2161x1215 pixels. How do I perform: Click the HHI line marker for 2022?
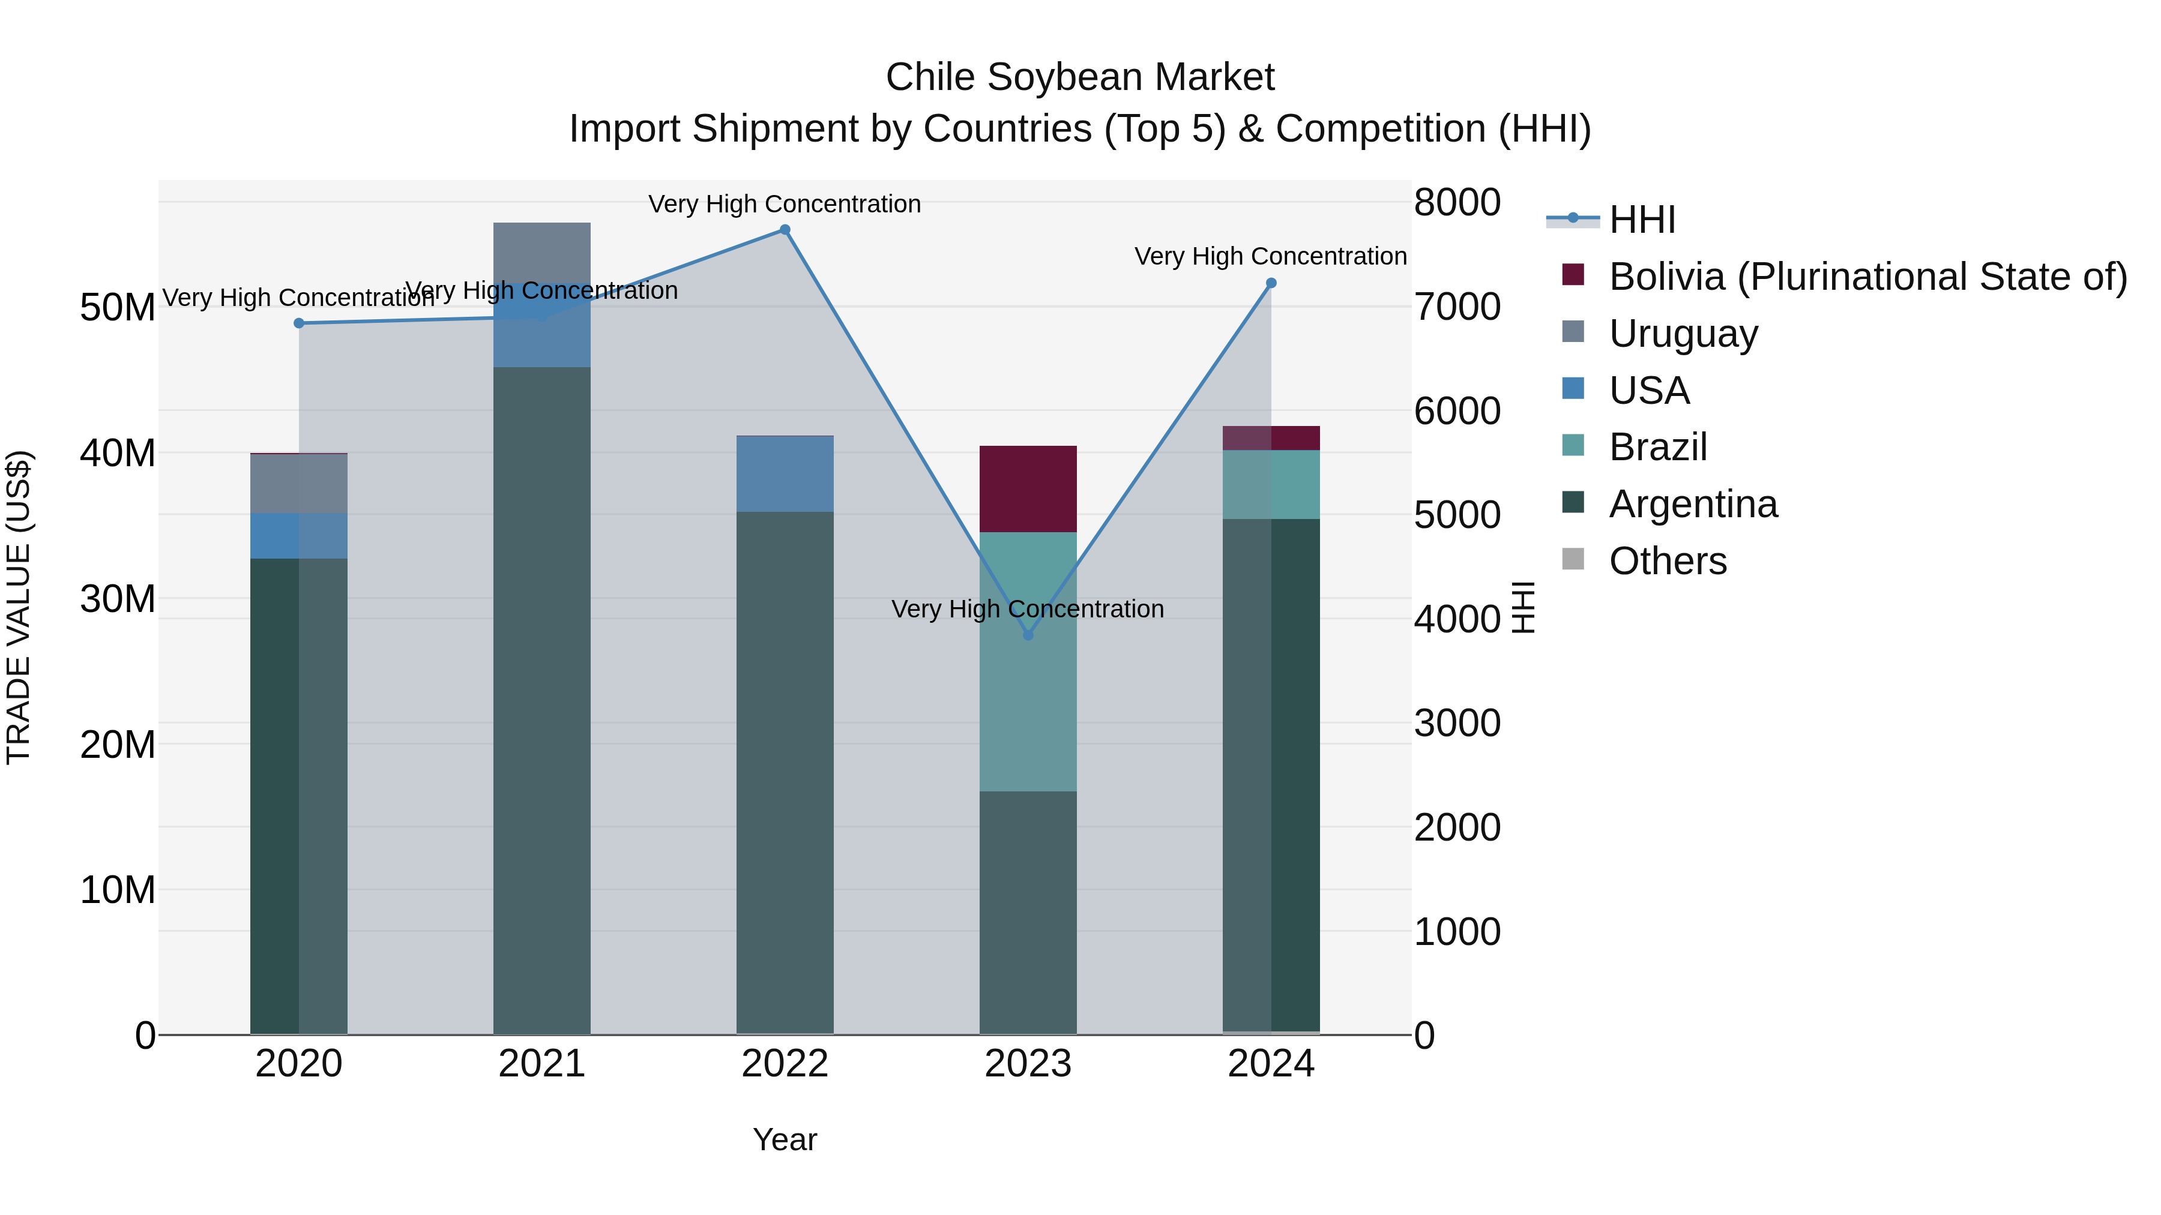coord(785,230)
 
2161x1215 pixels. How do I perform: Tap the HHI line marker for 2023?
coord(1028,635)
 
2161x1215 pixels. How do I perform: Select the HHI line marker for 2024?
coord(1271,283)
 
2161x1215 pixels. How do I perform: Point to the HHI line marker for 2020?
coord(299,323)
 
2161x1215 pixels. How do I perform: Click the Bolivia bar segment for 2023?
coord(1028,489)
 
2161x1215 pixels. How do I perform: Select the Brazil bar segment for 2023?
coord(1028,662)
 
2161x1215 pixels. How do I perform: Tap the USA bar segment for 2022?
coord(785,475)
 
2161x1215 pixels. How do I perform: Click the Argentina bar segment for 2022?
coord(785,772)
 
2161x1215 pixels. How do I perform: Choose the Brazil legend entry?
coord(1657,447)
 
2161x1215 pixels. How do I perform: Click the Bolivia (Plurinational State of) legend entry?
coord(1867,277)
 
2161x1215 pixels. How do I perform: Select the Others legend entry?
coord(1668,561)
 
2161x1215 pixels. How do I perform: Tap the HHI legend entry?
coord(1642,220)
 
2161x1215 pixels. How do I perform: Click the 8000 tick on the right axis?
coord(1457,203)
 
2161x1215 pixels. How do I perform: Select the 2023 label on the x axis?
coord(1028,1064)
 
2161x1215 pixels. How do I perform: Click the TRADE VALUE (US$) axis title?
coord(19,607)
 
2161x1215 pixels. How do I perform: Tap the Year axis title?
coord(785,1139)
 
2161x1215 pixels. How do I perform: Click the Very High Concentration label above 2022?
coord(785,205)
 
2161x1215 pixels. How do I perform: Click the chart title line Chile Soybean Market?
coord(1080,77)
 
